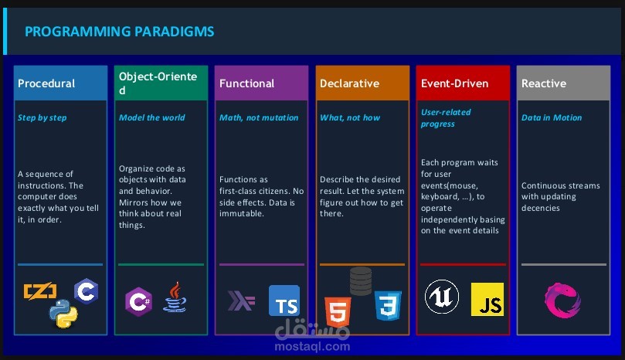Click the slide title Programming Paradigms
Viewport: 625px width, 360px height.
[x=119, y=32]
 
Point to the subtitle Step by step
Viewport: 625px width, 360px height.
[x=42, y=117]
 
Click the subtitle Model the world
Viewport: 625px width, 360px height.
[x=152, y=117]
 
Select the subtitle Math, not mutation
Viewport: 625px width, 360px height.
[x=259, y=117]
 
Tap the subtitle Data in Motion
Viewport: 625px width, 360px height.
[x=552, y=117]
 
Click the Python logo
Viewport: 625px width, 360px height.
[x=63, y=314]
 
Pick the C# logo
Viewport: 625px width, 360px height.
[x=138, y=301]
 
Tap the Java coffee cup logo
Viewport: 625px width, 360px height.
[x=175, y=297]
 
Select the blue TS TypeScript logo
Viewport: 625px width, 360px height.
[x=284, y=301]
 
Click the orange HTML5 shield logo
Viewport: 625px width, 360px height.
[x=338, y=312]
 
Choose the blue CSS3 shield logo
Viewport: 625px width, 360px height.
[x=388, y=305]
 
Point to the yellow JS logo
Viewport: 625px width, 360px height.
[x=487, y=300]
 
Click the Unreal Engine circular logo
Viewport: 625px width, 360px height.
[x=442, y=297]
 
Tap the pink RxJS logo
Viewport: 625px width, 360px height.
[x=562, y=301]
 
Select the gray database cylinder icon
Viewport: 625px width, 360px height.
[x=361, y=281]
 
